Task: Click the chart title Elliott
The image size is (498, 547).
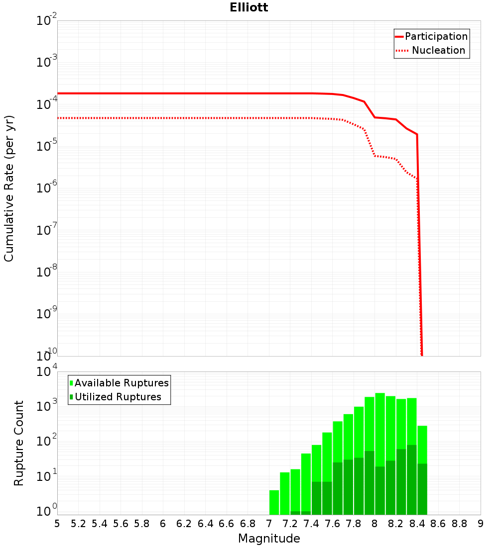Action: tap(249, 7)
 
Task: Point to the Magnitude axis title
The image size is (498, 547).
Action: tap(269, 539)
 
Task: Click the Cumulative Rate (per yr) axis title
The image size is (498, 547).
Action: tap(9, 188)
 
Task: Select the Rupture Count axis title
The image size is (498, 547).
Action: tap(19, 443)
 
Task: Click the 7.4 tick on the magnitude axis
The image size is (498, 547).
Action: tap(311, 524)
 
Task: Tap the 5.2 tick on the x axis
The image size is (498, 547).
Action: tap(78, 524)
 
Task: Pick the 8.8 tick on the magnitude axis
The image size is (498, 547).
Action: tap(459, 524)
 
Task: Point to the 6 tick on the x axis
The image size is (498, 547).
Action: tap(163, 524)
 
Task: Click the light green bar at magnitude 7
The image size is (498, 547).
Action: tap(274, 502)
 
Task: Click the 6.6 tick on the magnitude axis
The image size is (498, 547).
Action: tap(227, 524)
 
